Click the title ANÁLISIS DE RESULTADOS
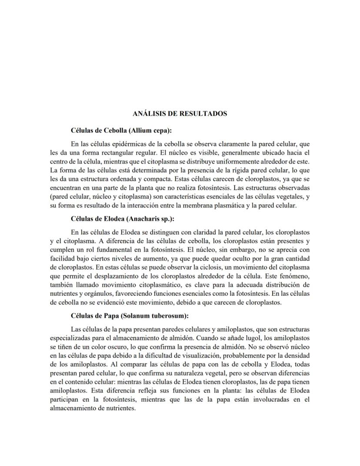point(180,114)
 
